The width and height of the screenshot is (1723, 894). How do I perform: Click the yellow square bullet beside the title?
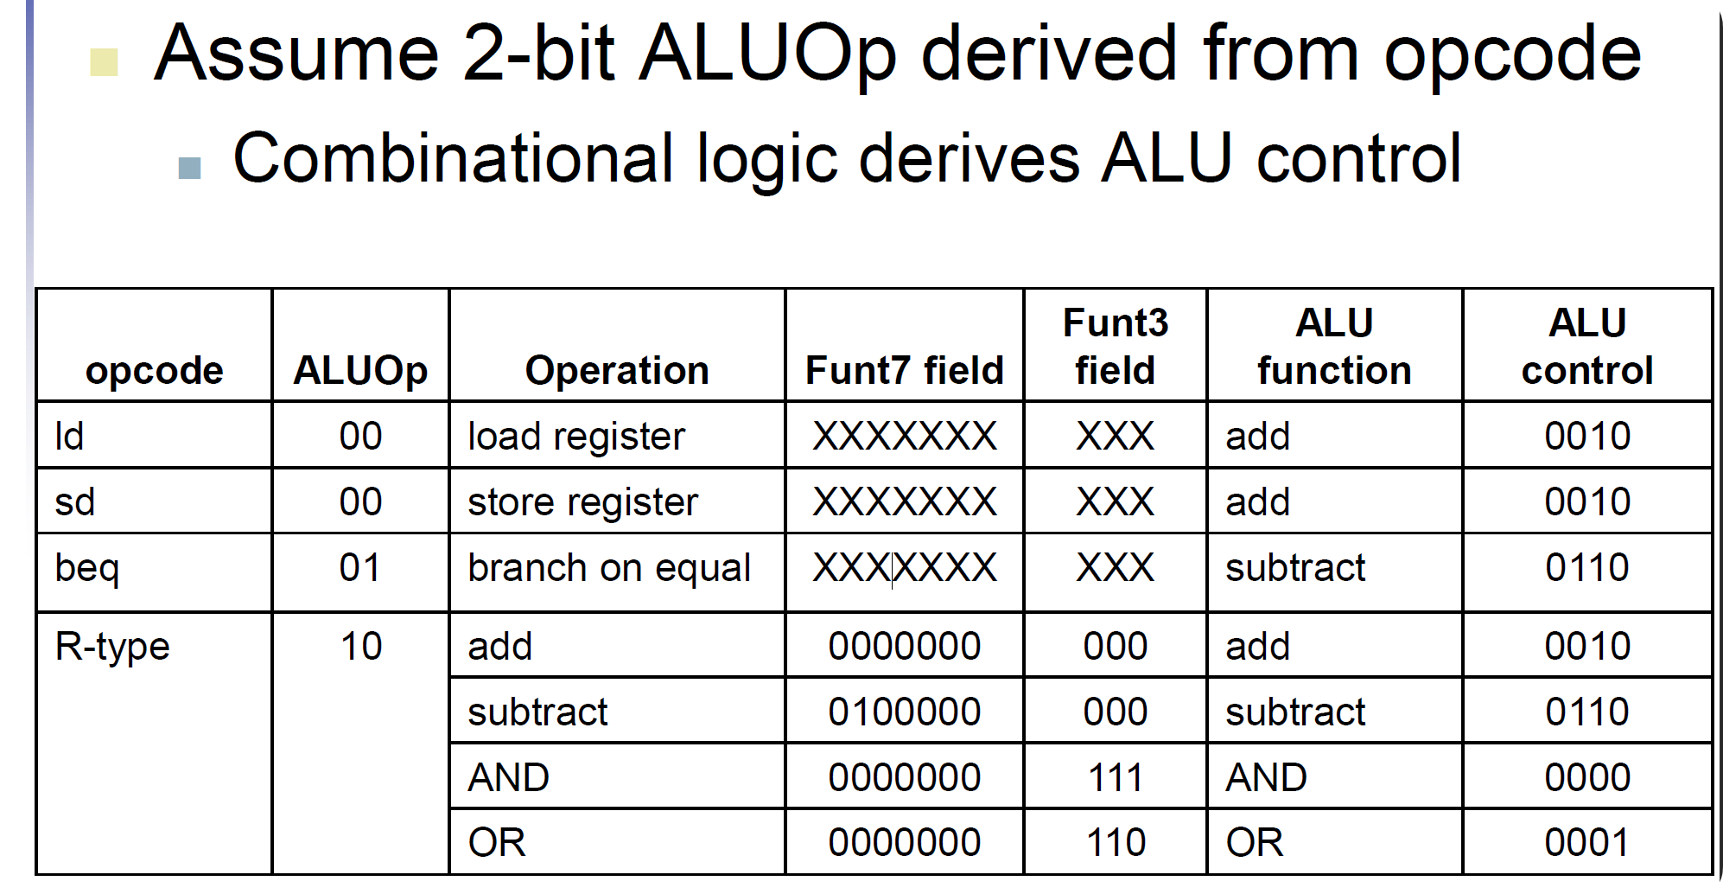105,62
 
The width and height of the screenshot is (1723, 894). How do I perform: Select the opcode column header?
155,370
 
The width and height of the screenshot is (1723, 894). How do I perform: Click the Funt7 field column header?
904,370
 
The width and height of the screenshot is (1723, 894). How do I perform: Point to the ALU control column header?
1587,347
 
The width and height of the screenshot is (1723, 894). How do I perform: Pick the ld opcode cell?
70,436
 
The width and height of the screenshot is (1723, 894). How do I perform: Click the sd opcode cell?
74,501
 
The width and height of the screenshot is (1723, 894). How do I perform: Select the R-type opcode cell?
112,647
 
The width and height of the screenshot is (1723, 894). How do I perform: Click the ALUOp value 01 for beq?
360,568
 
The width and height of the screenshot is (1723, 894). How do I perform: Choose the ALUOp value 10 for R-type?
360,647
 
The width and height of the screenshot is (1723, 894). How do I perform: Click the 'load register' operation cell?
576,436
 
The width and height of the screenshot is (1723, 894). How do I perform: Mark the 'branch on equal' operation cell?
609,568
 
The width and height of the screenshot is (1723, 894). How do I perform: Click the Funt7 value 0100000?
904,712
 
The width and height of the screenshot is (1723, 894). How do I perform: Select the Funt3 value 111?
1115,777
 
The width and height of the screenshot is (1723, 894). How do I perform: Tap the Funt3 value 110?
1115,842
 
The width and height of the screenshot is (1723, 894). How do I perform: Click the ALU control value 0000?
1587,777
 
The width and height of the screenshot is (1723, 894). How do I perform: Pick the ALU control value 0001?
1587,842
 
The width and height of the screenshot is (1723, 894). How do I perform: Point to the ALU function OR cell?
1255,842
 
